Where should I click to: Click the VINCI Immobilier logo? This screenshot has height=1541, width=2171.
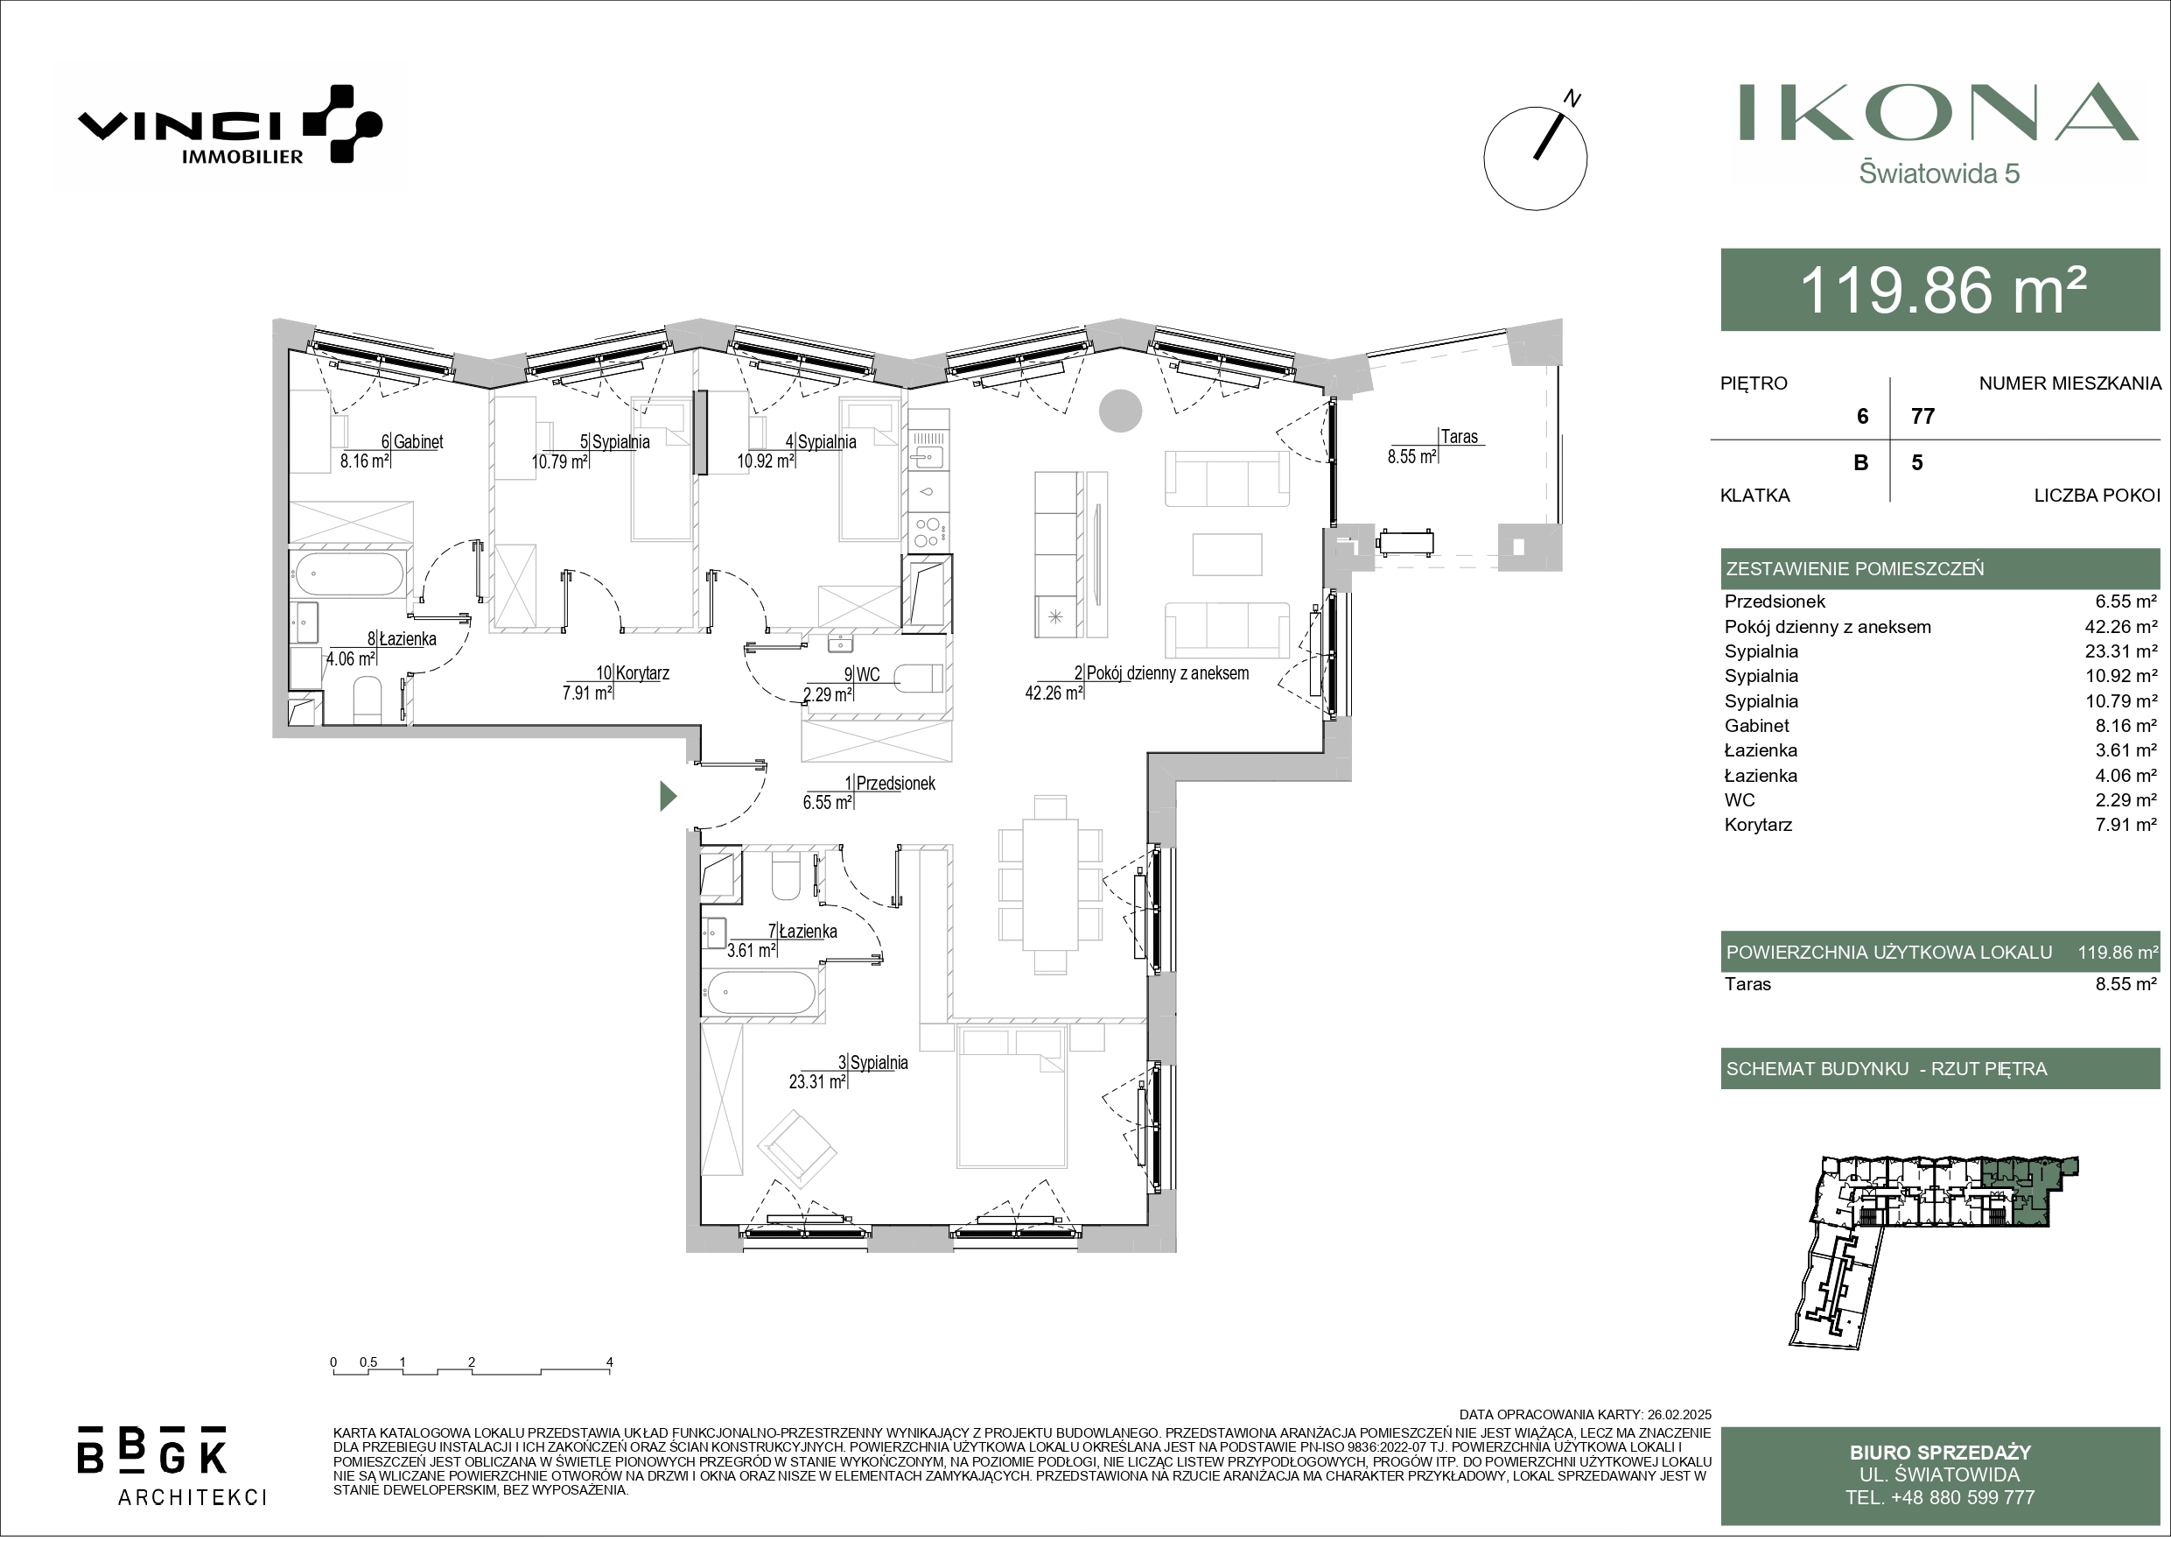click(x=229, y=125)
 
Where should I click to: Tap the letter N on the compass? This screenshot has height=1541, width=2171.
click(x=1572, y=98)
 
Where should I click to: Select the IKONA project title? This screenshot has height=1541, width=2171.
click(x=1938, y=113)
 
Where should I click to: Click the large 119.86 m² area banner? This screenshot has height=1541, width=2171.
click(x=1941, y=290)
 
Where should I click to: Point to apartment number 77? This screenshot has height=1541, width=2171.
click(x=1923, y=416)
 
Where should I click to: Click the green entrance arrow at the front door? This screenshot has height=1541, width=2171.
click(x=669, y=795)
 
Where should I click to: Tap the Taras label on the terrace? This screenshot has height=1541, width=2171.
click(x=1460, y=437)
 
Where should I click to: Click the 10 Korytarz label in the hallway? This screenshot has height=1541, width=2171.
click(x=633, y=672)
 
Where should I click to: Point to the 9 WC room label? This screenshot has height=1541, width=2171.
click(x=862, y=675)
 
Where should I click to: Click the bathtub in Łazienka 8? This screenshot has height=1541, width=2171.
click(x=348, y=572)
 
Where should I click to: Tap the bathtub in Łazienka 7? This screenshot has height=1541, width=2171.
click(x=760, y=993)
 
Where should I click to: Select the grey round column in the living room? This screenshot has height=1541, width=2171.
click(x=1120, y=411)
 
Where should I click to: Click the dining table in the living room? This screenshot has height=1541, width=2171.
click(x=1050, y=885)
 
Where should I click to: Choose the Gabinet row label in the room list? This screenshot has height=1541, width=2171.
click(x=1756, y=726)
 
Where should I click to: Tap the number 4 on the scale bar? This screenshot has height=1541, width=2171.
click(x=610, y=1362)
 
